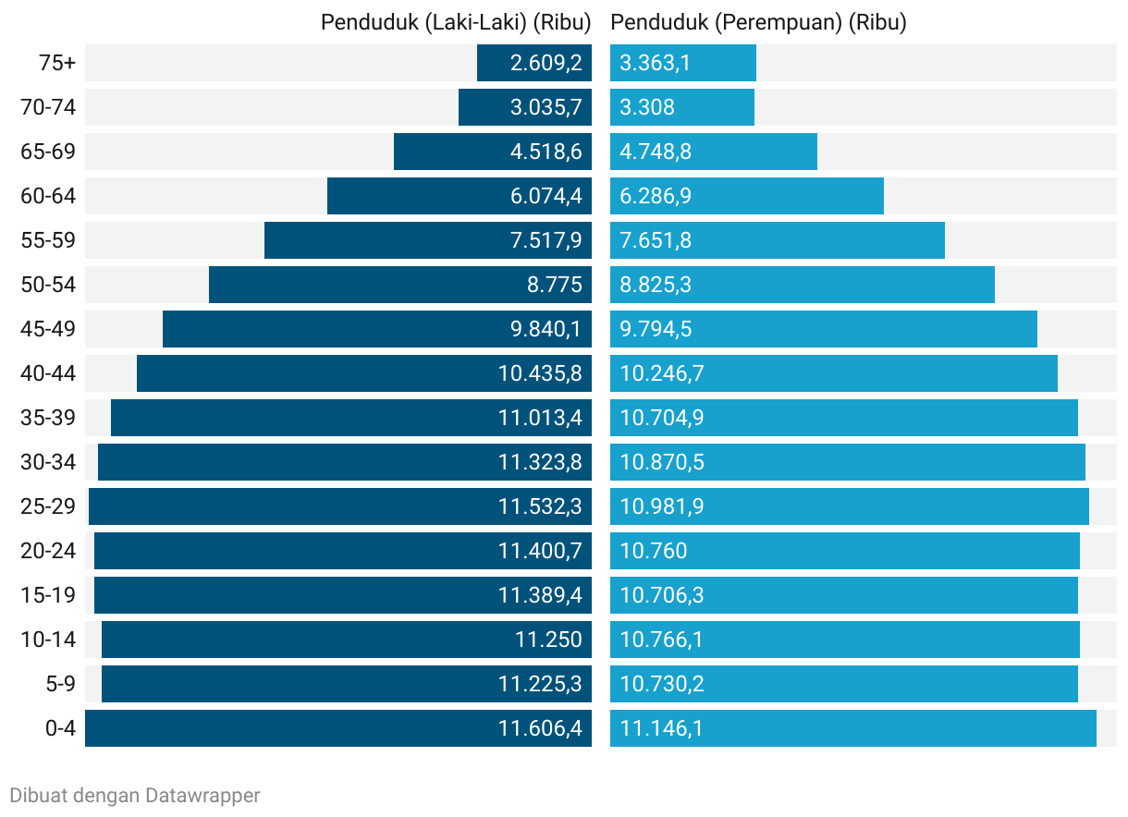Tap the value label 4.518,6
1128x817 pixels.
546,152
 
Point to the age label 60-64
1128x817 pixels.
48,196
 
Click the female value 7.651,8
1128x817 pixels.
656,240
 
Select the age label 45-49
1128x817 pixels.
48,329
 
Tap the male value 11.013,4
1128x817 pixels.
540,418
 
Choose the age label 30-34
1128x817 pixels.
48,462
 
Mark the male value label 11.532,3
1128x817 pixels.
540,506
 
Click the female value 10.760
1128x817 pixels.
654,551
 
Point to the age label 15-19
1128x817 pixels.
48,595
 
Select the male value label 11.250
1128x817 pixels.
548,640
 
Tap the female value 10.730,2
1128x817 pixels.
662,684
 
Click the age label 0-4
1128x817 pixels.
60,728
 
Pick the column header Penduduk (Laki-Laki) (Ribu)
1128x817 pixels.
456,22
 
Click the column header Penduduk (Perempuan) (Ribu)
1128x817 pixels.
758,22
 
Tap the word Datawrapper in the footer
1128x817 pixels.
202,795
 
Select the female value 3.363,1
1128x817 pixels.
656,63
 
